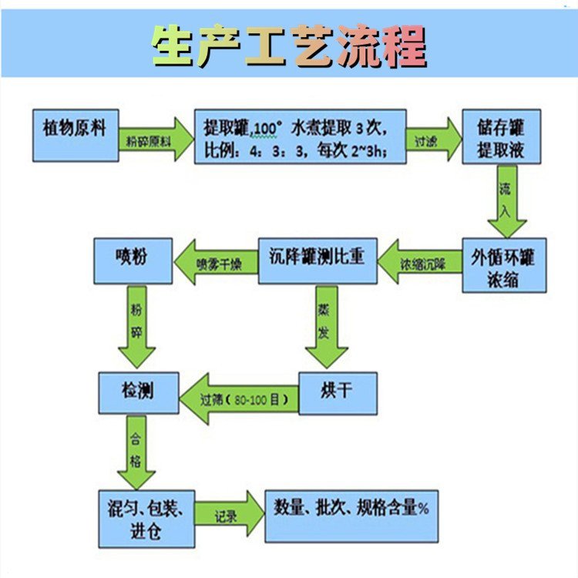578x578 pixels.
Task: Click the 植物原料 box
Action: (x=76, y=136)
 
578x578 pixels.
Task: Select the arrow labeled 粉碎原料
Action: (x=156, y=139)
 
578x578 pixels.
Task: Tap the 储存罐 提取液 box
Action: (x=502, y=136)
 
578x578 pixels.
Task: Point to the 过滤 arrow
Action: (x=433, y=139)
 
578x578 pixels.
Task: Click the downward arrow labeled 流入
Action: (x=507, y=201)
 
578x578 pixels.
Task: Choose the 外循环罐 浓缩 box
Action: (x=504, y=265)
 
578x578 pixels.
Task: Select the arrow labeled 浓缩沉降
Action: (x=420, y=262)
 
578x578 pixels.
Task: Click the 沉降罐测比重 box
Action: (x=318, y=261)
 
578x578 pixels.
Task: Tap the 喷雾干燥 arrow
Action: (x=216, y=262)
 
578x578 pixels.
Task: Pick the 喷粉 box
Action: (x=133, y=261)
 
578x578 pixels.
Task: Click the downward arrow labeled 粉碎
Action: (x=136, y=327)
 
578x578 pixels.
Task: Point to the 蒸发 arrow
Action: (x=327, y=327)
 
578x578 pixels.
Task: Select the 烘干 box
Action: (x=338, y=393)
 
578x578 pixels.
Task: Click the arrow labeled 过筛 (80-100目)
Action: (x=239, y=399)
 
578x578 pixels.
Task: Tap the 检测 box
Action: (x=139, y=392)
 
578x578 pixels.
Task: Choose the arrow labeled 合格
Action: (x=136, y=452)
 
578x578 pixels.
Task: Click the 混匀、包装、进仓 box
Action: (x=146, y=519)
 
